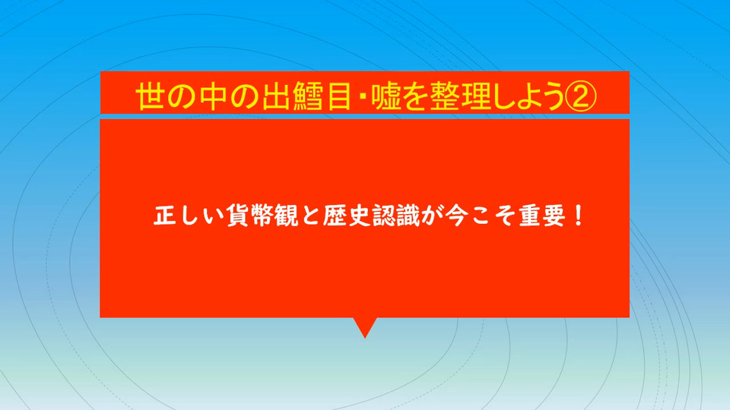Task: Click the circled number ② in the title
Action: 580,96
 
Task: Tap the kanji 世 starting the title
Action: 151,96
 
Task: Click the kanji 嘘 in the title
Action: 387,96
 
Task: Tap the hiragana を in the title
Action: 415,96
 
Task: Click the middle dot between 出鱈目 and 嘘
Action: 361,97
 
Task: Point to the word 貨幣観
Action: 262,216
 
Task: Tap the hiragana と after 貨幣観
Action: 310,216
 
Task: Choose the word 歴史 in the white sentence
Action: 347,216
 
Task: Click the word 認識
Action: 396,216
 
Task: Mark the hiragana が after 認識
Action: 433,216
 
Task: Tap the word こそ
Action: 493,216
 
